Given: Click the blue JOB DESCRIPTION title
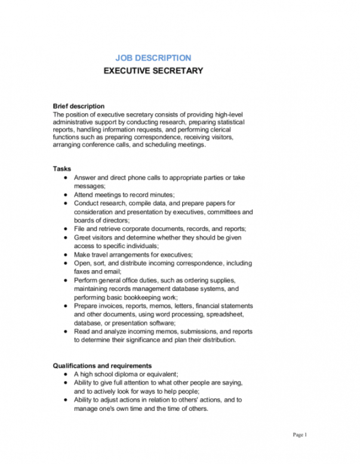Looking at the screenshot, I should (153, 58).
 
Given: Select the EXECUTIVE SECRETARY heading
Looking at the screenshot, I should (153, 71).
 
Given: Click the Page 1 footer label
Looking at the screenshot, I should (300, 435).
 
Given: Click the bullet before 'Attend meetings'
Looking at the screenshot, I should (65, 195).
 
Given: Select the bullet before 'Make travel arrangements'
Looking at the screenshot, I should (65, 254).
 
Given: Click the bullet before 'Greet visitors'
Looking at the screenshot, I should (65, 237).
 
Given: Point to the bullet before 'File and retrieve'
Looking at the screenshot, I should (65, 228).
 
